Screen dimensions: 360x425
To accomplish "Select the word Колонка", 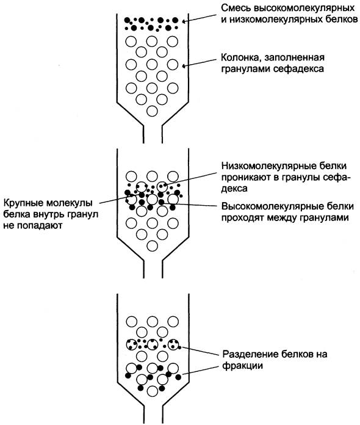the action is point(241,58).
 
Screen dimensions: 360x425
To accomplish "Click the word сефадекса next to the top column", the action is point(298,69).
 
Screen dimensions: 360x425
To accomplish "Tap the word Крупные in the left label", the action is point(23,203).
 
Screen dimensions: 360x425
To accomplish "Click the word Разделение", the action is point(251,354).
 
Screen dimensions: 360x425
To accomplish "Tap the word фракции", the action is point(243,366).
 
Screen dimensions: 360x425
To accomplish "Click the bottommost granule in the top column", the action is point(152,111).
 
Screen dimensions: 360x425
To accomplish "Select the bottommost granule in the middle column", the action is point(152,246).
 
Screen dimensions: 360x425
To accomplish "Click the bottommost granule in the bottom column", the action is point(152,391).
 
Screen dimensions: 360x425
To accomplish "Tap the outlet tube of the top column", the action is point(153,134).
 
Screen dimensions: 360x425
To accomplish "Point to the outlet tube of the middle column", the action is point(153,269).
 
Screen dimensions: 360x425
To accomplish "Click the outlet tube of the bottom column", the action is point(153,415).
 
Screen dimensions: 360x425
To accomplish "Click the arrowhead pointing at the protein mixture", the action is point(185,21).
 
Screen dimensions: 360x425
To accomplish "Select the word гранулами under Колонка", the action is point(245,69).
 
